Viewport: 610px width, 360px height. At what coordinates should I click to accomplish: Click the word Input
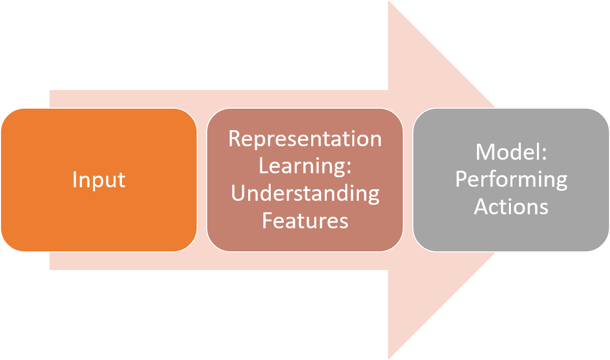pyautogui.click(x=99, y=180)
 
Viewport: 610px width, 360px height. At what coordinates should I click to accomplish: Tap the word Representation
pyautogui.click(x=305, y=139)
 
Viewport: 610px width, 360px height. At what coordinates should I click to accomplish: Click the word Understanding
pyautogui.click(x=305, y=194)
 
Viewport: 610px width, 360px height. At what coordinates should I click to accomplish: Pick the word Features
pyautogui.click(x=305, y=220)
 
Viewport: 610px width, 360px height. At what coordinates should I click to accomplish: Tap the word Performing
pyautogui.click(x=511, y=179)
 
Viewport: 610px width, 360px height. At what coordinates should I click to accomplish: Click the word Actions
pyautogui.click(x=511, y=206)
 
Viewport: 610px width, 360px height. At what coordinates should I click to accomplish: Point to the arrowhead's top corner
pyautogui.click(x=389, y=2)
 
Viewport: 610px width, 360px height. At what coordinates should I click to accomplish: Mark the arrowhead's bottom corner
pyautogui.click(x=389, y=357)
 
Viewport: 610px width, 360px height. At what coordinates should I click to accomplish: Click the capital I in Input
pyautogui.click(x=75, y=179)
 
